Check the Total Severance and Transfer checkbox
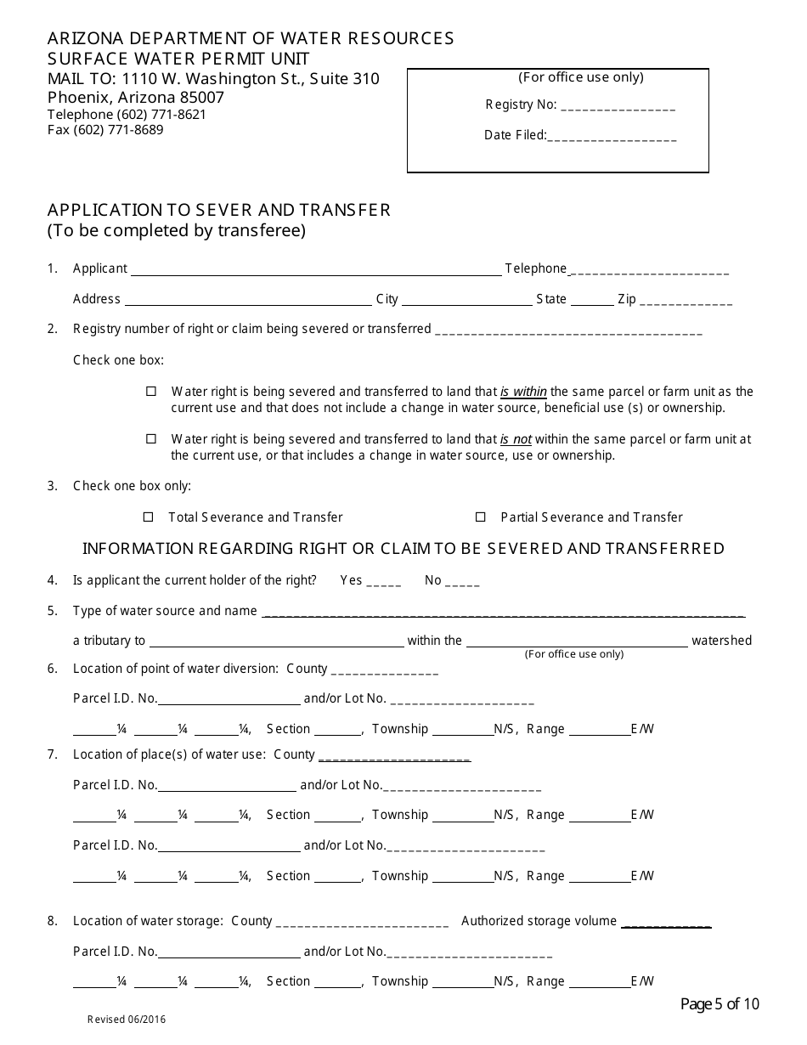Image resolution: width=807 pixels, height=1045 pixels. click(149, 517)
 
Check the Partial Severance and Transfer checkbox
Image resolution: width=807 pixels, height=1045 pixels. click(481, 517)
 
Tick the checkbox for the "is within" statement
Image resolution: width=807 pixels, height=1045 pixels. click(151, 392)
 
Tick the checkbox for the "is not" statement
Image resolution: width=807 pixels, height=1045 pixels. click(151, 439)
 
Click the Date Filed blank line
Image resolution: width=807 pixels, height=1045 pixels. click(612, 136)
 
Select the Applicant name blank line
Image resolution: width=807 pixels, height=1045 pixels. click(315, 270)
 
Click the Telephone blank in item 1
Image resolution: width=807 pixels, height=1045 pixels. click(649, 270)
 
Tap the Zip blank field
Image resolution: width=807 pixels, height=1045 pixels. click(686, 301)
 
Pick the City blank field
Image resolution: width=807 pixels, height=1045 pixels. click(466, 301)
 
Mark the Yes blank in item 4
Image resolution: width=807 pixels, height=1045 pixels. click(384, 582)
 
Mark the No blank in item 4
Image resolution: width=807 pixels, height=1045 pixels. click(462, 582)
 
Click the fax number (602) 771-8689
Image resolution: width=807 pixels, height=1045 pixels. click(105, 130)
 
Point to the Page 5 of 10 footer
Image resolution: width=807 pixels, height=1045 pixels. click(720, 1004)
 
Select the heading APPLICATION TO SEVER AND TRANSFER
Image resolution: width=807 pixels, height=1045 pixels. click(219, 210)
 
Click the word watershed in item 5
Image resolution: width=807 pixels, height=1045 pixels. click(721, 641)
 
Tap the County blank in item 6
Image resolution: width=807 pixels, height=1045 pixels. click(384, 670)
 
